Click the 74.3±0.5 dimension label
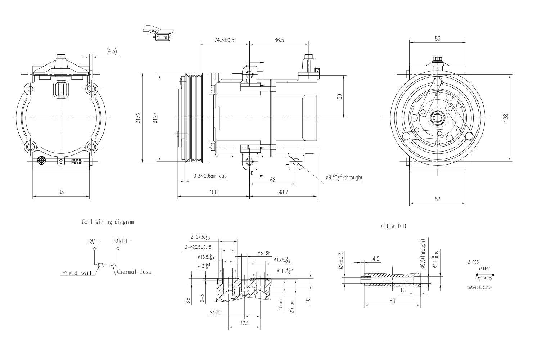(224, 40)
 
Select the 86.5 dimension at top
(279, 40)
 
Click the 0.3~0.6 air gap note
(210, 176)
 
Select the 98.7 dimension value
(283, 192)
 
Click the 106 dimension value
(213, 192)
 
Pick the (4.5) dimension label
(112, 51)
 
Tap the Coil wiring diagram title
(108, 222)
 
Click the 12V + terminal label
(93, 242)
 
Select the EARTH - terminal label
(122, 241)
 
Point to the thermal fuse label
(134, 272)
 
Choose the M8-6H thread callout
(264, 253)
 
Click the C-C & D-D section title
(394, 226)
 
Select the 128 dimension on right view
(506, 117)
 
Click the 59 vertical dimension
(339, 96)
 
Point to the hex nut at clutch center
(438, 117)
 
